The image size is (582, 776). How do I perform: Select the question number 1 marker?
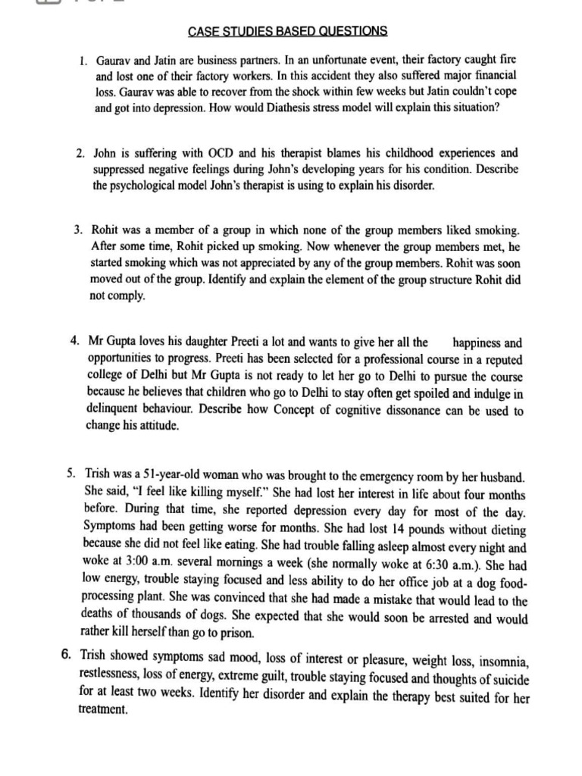tap(83, 59)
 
